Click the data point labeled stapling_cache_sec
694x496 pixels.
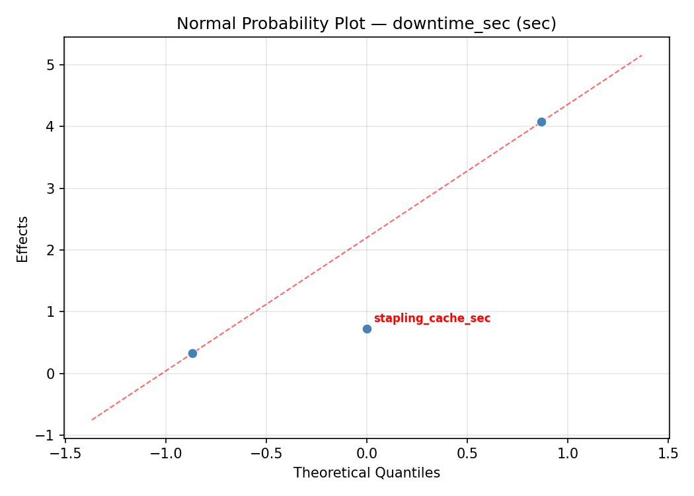coord(367,329)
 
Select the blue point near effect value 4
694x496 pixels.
coord(541,122)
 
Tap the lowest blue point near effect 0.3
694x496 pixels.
coord(192,353)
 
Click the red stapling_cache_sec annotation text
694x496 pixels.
coord(432,318)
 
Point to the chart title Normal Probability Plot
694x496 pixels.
coord(280,24)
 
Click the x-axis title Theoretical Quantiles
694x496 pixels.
coord(366,473)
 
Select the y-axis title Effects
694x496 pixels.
coord(23,239)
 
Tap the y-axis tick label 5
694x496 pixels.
coord(51,65)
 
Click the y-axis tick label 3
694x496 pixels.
coord(51,188)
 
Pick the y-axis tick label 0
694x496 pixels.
coord(51,374)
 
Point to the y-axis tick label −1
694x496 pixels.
coord(47,435)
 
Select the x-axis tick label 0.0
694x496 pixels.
coord(367,453)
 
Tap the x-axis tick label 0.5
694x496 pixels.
coord(467,453)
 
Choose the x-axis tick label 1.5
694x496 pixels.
coord(668,453)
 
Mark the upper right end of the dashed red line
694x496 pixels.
coord(642,55)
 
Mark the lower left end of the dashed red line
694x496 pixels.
coord(92,419)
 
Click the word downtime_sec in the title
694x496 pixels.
coord(440,24)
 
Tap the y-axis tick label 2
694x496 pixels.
coord(51,250)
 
